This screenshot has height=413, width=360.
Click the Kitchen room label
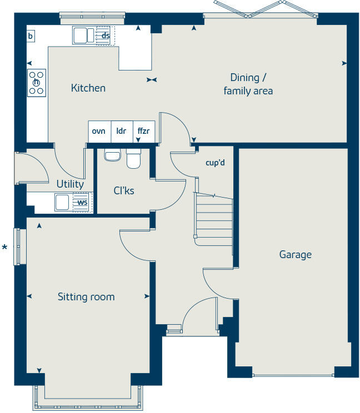coord(88,88)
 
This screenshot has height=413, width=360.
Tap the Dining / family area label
coord(248,84)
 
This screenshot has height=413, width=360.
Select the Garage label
coord(295,255)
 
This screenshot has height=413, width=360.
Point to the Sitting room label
coord(86,297)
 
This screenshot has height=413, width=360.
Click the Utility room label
coord(70,184)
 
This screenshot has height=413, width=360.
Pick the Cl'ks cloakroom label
coord(124,191)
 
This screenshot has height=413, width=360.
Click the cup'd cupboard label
coord(214,163)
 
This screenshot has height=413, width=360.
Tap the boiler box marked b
coord(31,36)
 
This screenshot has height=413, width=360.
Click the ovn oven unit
coord(99,131)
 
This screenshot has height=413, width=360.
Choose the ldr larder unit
coord(121,131)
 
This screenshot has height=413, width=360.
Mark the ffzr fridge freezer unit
coord(143,131)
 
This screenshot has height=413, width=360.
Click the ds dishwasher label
coord(105,36)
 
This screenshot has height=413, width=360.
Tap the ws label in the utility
coord(82,203)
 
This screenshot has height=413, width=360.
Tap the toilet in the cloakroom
coord(133,158)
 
